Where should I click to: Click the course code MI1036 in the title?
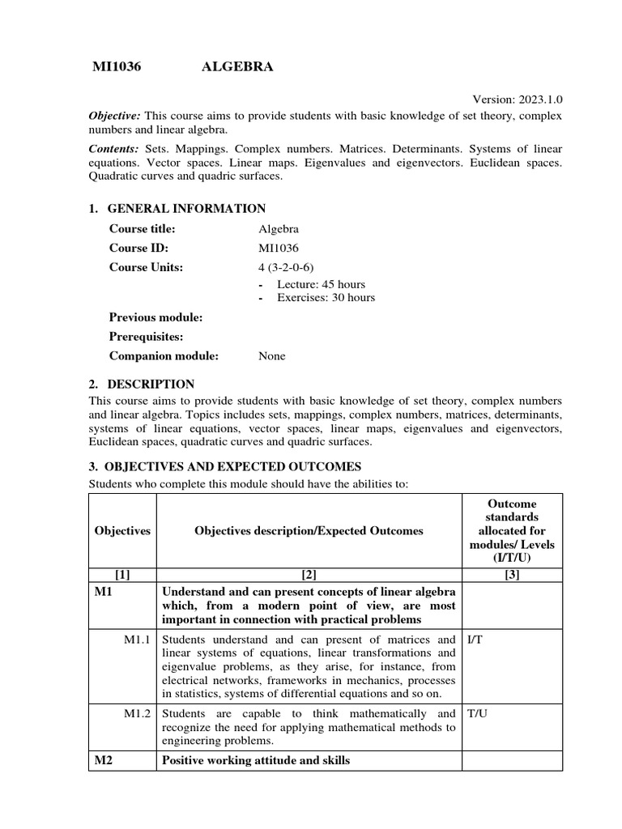(117, 68)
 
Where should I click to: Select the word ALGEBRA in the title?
(236, 68)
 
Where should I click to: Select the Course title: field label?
(143, 229)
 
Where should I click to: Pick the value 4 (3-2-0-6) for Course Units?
(285, 268)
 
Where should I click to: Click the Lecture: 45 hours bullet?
(321, 284)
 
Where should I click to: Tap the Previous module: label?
(156, 317)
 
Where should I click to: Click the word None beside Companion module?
(272, 356)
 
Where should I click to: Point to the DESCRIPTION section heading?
(151, 385)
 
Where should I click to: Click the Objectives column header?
(122, 531)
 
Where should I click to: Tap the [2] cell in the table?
(309, 575)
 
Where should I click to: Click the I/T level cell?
(475, 640)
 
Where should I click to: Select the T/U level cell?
(476, 714)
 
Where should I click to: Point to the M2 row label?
(103, 761)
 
